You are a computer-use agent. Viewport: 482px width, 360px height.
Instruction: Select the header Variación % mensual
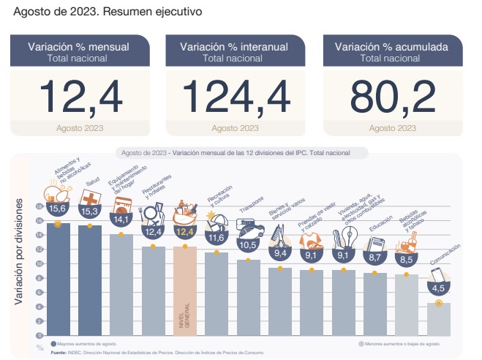point(78,47)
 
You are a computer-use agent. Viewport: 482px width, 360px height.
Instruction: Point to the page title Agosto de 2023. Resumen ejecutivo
point(108,12)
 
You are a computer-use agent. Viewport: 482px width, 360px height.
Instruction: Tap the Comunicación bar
point(438,319)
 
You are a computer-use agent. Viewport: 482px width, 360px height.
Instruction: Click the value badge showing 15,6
point(58,209)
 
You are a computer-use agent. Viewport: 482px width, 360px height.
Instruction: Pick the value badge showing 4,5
point(438,287)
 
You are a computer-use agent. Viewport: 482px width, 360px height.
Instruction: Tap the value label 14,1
point(121,218)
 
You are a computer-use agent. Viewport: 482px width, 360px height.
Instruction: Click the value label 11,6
point(216,237)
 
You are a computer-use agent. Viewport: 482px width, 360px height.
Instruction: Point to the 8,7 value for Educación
point(375,258)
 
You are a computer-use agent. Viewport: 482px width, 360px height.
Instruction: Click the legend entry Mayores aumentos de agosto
point(86,342)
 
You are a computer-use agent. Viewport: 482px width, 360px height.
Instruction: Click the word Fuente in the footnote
point(59,352)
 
